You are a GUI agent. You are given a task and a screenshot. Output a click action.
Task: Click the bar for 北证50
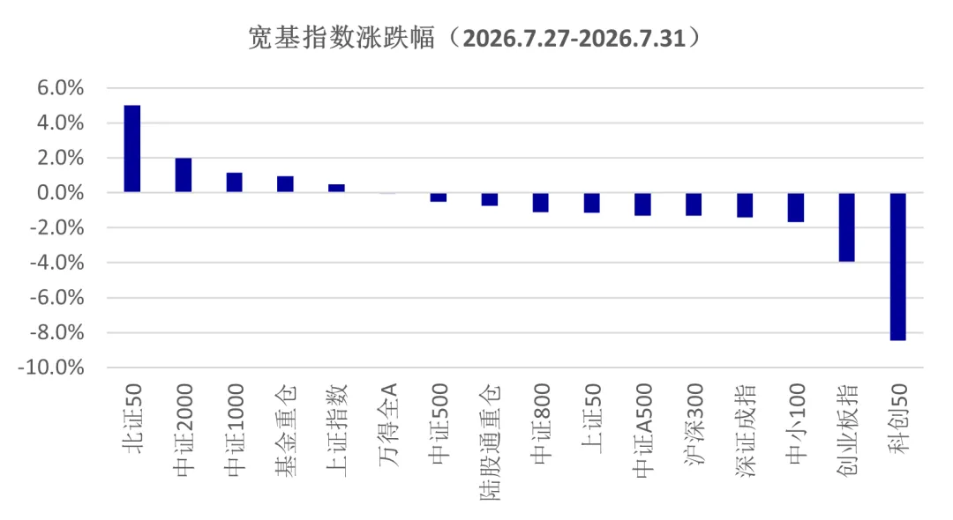point(131,149)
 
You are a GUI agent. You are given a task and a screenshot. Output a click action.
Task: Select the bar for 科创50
point(897,266)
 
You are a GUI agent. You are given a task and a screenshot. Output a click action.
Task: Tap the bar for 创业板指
point(846,227)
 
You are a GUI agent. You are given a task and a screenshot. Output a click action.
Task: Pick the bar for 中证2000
point(183,175)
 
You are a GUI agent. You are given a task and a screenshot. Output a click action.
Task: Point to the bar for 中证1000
point(234,182)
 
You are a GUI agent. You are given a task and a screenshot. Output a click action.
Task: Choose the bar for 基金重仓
point(285,184)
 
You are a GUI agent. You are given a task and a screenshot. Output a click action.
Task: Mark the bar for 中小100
point(796,207)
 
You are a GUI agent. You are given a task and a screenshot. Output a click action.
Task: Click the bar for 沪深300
point(694,204)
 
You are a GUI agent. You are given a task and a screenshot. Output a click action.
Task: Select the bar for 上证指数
point(336,188)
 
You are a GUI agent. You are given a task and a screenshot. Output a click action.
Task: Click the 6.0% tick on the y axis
point(60,88)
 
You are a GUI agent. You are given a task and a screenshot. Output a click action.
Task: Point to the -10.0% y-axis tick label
point(51,368)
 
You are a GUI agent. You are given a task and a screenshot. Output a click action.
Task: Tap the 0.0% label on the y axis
point(60,193)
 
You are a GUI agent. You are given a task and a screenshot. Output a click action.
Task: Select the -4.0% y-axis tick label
point(56,263)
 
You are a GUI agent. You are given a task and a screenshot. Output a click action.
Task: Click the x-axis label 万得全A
point(387,425)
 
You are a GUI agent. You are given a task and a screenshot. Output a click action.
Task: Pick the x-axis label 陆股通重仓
point(490,442)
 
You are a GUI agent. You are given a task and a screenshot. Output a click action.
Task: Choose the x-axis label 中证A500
point(642,430)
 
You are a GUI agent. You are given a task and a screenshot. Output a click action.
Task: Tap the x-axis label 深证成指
point(745,431)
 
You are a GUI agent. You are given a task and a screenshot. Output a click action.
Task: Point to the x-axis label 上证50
point(591,418)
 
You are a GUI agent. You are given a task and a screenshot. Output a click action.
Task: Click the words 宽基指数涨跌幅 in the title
point(342,38)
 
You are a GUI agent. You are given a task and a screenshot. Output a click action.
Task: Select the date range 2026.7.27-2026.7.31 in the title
point(574,39)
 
